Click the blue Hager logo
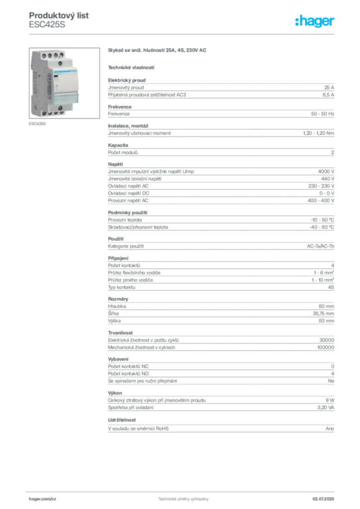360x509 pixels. click(x=315, y=21)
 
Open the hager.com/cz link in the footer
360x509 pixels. click(x=44, y=498)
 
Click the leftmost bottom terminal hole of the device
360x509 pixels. click(x=42, y=112)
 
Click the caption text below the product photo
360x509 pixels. click(x=37, y=124)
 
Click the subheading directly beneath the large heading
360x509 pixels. click(x=131, y=67)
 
